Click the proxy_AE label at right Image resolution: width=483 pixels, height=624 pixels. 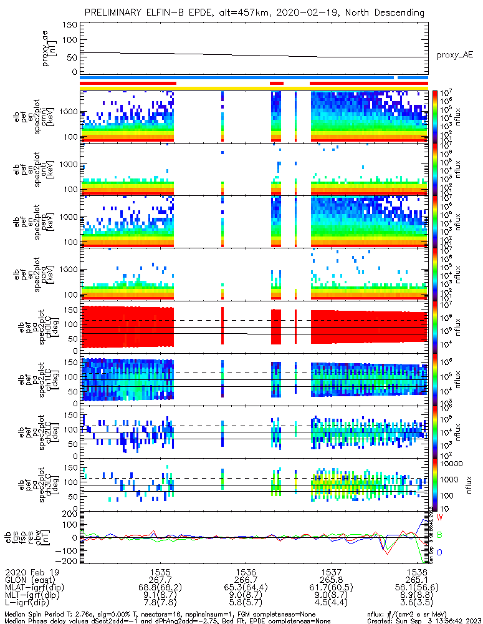[454, 55]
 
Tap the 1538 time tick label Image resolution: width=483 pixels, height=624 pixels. [417, 572]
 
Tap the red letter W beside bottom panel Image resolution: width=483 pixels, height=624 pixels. [439, 518]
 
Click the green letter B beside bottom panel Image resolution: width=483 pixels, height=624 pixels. [439, 535]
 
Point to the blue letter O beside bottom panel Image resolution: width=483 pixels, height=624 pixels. [439, 552]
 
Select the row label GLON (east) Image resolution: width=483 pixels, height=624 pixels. [30, 580]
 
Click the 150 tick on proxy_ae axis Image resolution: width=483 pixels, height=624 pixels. [70, 25]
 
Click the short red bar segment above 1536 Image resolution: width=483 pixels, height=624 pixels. [276, 82]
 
